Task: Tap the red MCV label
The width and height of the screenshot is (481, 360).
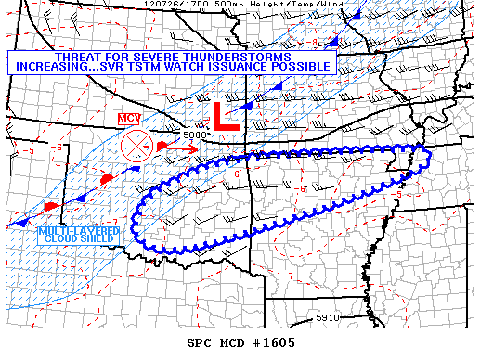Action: pyautogui.click(x=128, y=119)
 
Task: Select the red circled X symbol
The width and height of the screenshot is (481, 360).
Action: pyautogui.click(x=136, y=147)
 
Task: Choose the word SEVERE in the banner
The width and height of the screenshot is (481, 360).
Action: pyautogui.click(x=152, y=58)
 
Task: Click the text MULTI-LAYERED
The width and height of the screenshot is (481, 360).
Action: pyautogui.click(x=79, y=230)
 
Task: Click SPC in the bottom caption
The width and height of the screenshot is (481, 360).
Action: pyautogui.click(x=200, y=343)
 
